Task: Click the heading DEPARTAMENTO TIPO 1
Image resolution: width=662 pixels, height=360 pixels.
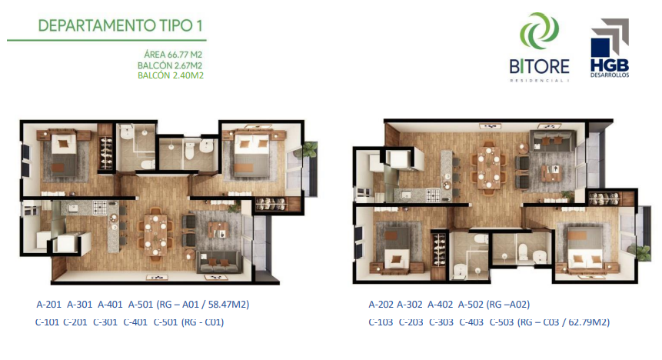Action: pos(120,25)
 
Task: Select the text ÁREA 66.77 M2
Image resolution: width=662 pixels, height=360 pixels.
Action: pos(173,55)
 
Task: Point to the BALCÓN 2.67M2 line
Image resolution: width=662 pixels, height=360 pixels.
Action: pos(170,65)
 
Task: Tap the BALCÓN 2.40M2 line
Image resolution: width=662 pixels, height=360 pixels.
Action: pos(171,75)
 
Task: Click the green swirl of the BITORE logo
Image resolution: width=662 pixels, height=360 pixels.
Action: pos(539,32)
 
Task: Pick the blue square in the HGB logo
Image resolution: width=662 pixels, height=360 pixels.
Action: pos(600,48)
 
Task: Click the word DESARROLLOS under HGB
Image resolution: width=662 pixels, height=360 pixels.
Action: pos(610,75)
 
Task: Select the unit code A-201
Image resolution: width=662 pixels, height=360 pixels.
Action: pos(49,304)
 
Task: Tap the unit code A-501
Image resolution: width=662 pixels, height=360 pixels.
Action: pos(141,304)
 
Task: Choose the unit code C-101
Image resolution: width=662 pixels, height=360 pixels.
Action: pos(47,322)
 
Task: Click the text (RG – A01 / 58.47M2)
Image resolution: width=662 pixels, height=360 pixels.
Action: pos(203,304)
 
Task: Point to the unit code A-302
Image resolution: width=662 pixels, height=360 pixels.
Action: pos(410,304)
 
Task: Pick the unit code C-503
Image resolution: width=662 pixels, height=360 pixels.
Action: pos(501,322)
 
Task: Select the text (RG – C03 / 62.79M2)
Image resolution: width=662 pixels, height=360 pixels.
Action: pos(564,322)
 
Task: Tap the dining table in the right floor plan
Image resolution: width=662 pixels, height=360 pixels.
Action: pos(489,167)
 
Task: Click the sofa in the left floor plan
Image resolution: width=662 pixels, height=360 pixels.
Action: pos(219,262)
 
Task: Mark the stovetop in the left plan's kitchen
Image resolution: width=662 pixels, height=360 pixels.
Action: pos(100,207)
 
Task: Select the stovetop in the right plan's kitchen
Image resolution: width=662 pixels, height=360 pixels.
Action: pos(433,195)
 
